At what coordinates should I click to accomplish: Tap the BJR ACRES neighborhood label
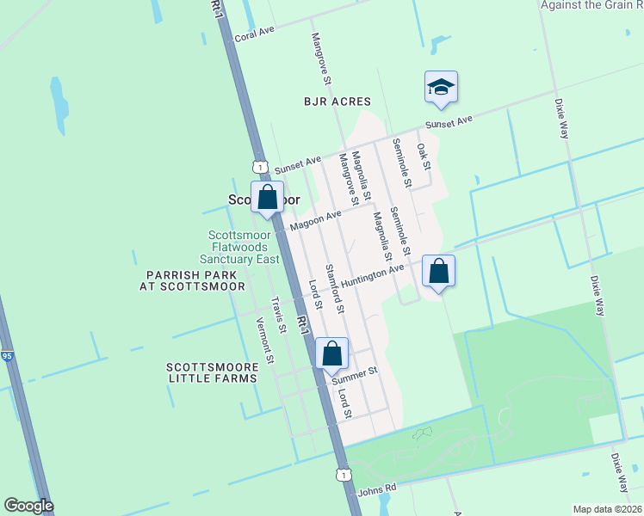click(337, 101)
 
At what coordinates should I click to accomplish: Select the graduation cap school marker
click(440, 88)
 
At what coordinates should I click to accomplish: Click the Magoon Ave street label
click(311, 223)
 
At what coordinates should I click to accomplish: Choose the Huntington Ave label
click(372, 275)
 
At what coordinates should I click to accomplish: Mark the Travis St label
click(277, 315)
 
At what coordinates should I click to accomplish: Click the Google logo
click(28, 506)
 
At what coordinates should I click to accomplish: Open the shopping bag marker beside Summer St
click(331, 353)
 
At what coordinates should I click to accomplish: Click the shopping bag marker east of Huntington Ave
click(438, 272)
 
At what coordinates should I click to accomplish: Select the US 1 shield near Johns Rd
click(344, 475)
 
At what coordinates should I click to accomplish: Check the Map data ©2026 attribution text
click(608, 509)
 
